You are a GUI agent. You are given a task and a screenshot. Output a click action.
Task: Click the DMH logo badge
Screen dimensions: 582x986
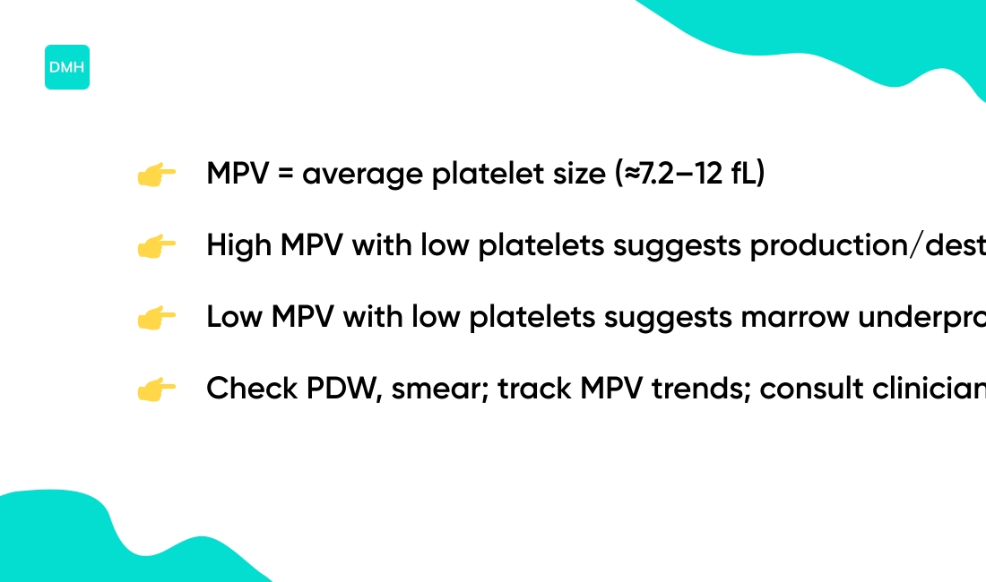pos(67,67)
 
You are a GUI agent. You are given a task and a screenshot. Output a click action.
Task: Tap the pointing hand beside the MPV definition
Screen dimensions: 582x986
pos(156,175)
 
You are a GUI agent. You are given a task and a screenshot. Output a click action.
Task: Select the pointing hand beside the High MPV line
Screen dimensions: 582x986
pos(156,247)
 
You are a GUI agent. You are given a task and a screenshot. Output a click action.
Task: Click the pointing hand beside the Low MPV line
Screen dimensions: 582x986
pos(156,319)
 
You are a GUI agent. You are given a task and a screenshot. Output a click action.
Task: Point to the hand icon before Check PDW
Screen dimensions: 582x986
pos(156,390)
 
